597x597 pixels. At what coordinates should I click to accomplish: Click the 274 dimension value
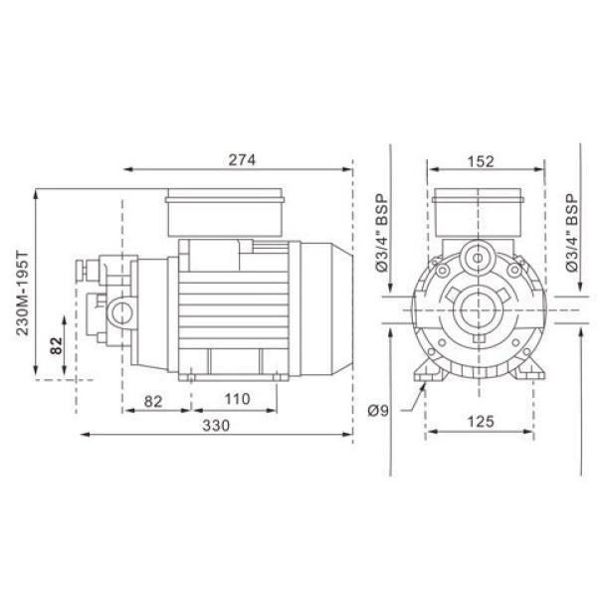click(242, 160)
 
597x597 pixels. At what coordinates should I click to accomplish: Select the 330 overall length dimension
click(216, 425)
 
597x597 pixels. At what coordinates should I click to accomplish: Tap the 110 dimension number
click(237, 399)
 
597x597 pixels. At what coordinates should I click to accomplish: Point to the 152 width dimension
click(481, 161)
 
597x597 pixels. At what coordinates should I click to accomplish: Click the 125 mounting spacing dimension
click(481, 422)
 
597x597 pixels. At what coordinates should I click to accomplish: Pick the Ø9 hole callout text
click(378, 410)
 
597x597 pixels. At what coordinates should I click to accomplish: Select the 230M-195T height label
click(23, 293)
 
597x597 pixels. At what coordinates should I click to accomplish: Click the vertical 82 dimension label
click(56, 345)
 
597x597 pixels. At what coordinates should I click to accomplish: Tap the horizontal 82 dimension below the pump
click(153, 401)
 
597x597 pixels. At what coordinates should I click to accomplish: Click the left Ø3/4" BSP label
click(381, 233)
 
